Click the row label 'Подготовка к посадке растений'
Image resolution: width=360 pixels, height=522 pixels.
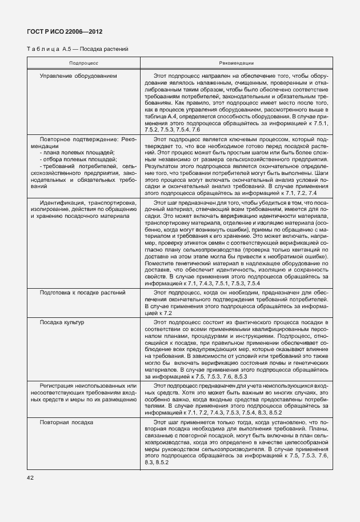click(x=82, y=293)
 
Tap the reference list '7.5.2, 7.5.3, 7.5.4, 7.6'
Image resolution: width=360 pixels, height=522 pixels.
click(x=172, y=130)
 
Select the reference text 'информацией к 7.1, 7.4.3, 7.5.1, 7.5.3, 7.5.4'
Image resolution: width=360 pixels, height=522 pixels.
click(x=203, y=284)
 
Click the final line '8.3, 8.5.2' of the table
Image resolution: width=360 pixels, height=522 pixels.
click(x=156, y=462)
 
